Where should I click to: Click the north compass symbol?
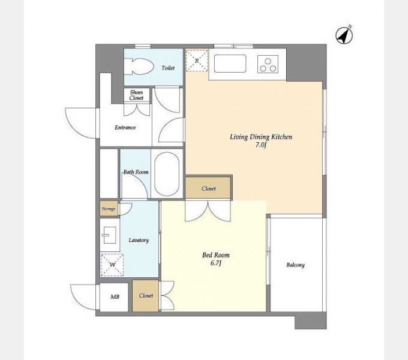(x=344, y=35)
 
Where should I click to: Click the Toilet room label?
(x=168, y=68)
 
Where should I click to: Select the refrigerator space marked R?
(x=197, y=61)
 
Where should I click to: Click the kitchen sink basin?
(x=230, y=64)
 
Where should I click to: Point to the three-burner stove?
(x=268, y=64)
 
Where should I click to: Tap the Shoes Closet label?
(x=136, y=95)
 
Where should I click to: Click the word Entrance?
(x=125, y=127)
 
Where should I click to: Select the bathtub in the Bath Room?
(x=167, y=174)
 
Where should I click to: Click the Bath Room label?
(x=136, y=172)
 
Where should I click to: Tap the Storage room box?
(x=109, y=209)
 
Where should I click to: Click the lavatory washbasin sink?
(x=110, y=235)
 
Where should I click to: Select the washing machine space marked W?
(x=112, y=265)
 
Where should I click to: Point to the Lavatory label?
(x=139, y=240)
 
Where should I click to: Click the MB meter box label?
(x=115, y=297)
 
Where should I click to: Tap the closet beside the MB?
(x=145, y=296)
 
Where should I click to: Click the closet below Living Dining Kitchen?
(x=208, y=188)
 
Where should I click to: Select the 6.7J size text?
(x=216, y=263)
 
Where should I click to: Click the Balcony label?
(x=295, y=265)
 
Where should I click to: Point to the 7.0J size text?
(x=261, y=145)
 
